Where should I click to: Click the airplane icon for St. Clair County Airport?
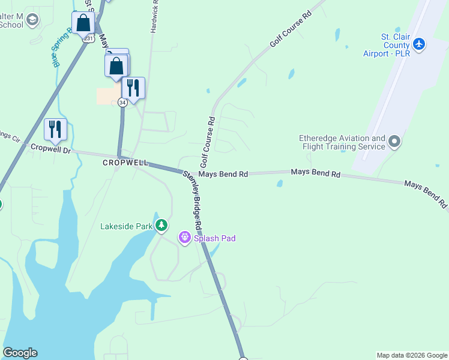(419, 44)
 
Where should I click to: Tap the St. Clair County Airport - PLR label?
(395, 45)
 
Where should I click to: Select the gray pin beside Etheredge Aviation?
(394, 142)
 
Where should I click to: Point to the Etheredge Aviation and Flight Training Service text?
(342, 142)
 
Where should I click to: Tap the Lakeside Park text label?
(126, 226)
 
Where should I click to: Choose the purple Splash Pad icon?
(185, 238)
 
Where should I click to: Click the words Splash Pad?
(214, 238)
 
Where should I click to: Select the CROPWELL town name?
(125, 163)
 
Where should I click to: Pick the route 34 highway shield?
(122, 103)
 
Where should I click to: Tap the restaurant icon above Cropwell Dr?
(55, 128)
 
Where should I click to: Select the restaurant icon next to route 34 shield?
(133, 88)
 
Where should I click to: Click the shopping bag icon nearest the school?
(83, 23)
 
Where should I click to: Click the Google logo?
(20, 353)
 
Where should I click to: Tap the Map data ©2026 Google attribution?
(411, 355)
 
